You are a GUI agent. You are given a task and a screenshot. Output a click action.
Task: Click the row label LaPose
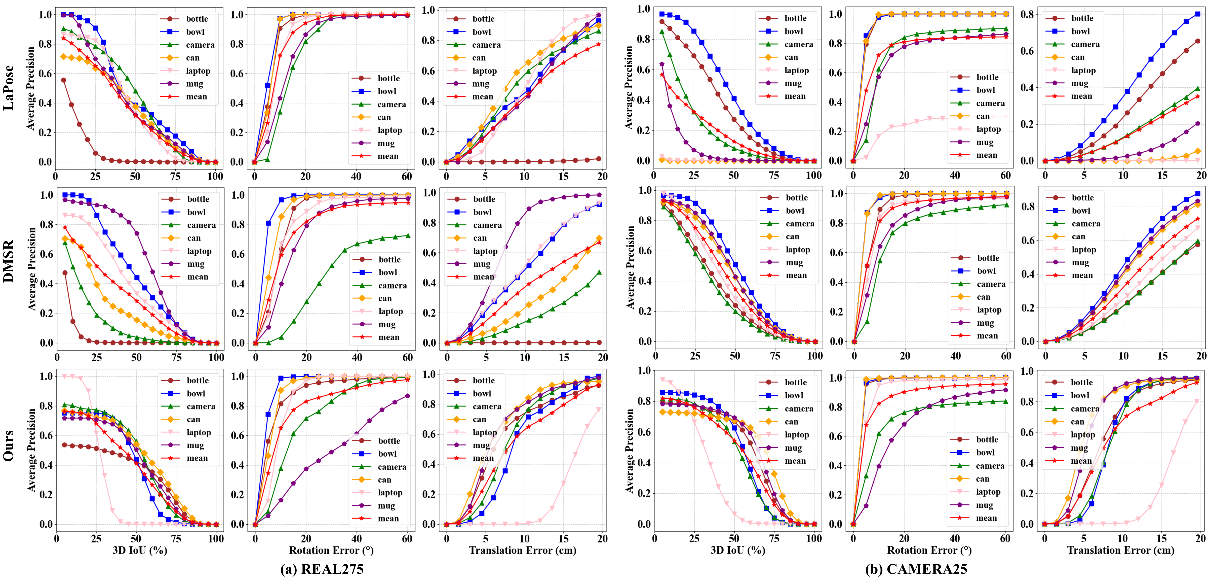tap(9, 88)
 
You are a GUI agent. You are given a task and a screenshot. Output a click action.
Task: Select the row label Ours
tap(9, 445)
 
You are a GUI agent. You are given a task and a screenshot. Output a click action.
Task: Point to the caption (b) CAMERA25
tap(916, 569)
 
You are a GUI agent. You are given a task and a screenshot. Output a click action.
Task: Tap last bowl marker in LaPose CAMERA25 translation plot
tap(1197, 14)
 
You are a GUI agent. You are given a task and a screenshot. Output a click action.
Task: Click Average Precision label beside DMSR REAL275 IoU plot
tap(32, 269)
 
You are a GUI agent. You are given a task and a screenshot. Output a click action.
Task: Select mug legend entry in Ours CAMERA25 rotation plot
tap(984, 505)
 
